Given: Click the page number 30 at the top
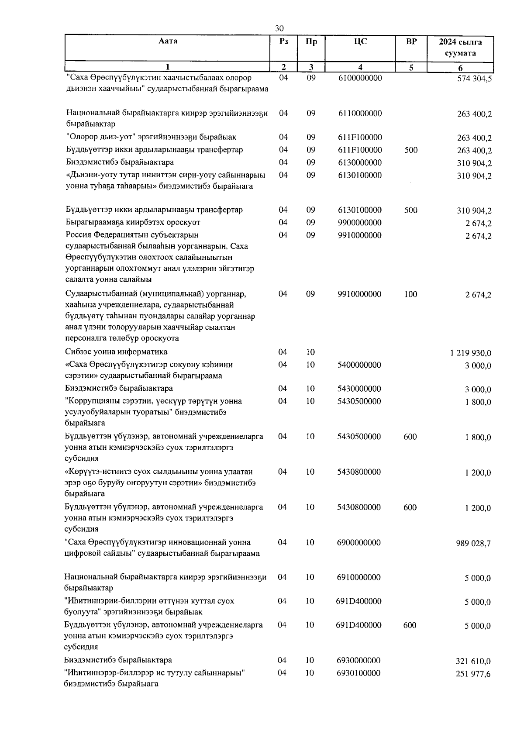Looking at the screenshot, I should [x=279, y=28].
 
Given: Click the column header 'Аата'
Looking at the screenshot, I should [x=168, y=41].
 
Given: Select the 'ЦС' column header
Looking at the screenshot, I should [x=360, y=41].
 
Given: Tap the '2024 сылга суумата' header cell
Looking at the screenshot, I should [x=460, y=48].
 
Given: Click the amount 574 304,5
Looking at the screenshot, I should [x=474, y=79].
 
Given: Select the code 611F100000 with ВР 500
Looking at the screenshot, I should [x=360, y=150].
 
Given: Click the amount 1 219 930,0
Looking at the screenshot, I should [x=470, y=353].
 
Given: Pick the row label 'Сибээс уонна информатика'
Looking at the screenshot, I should [x=116, y=352].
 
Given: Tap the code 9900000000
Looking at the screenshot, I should [x=360, y=223].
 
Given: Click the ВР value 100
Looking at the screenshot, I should [x=410, y=294].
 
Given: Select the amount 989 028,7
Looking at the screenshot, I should [x=473, y=543].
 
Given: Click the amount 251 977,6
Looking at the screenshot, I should [x=473, y=674].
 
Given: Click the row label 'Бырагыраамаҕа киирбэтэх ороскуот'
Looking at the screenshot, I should [x=133, y=222].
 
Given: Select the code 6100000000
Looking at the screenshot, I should [x=360, y=78].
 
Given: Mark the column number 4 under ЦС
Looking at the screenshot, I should [x=360, y=67].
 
